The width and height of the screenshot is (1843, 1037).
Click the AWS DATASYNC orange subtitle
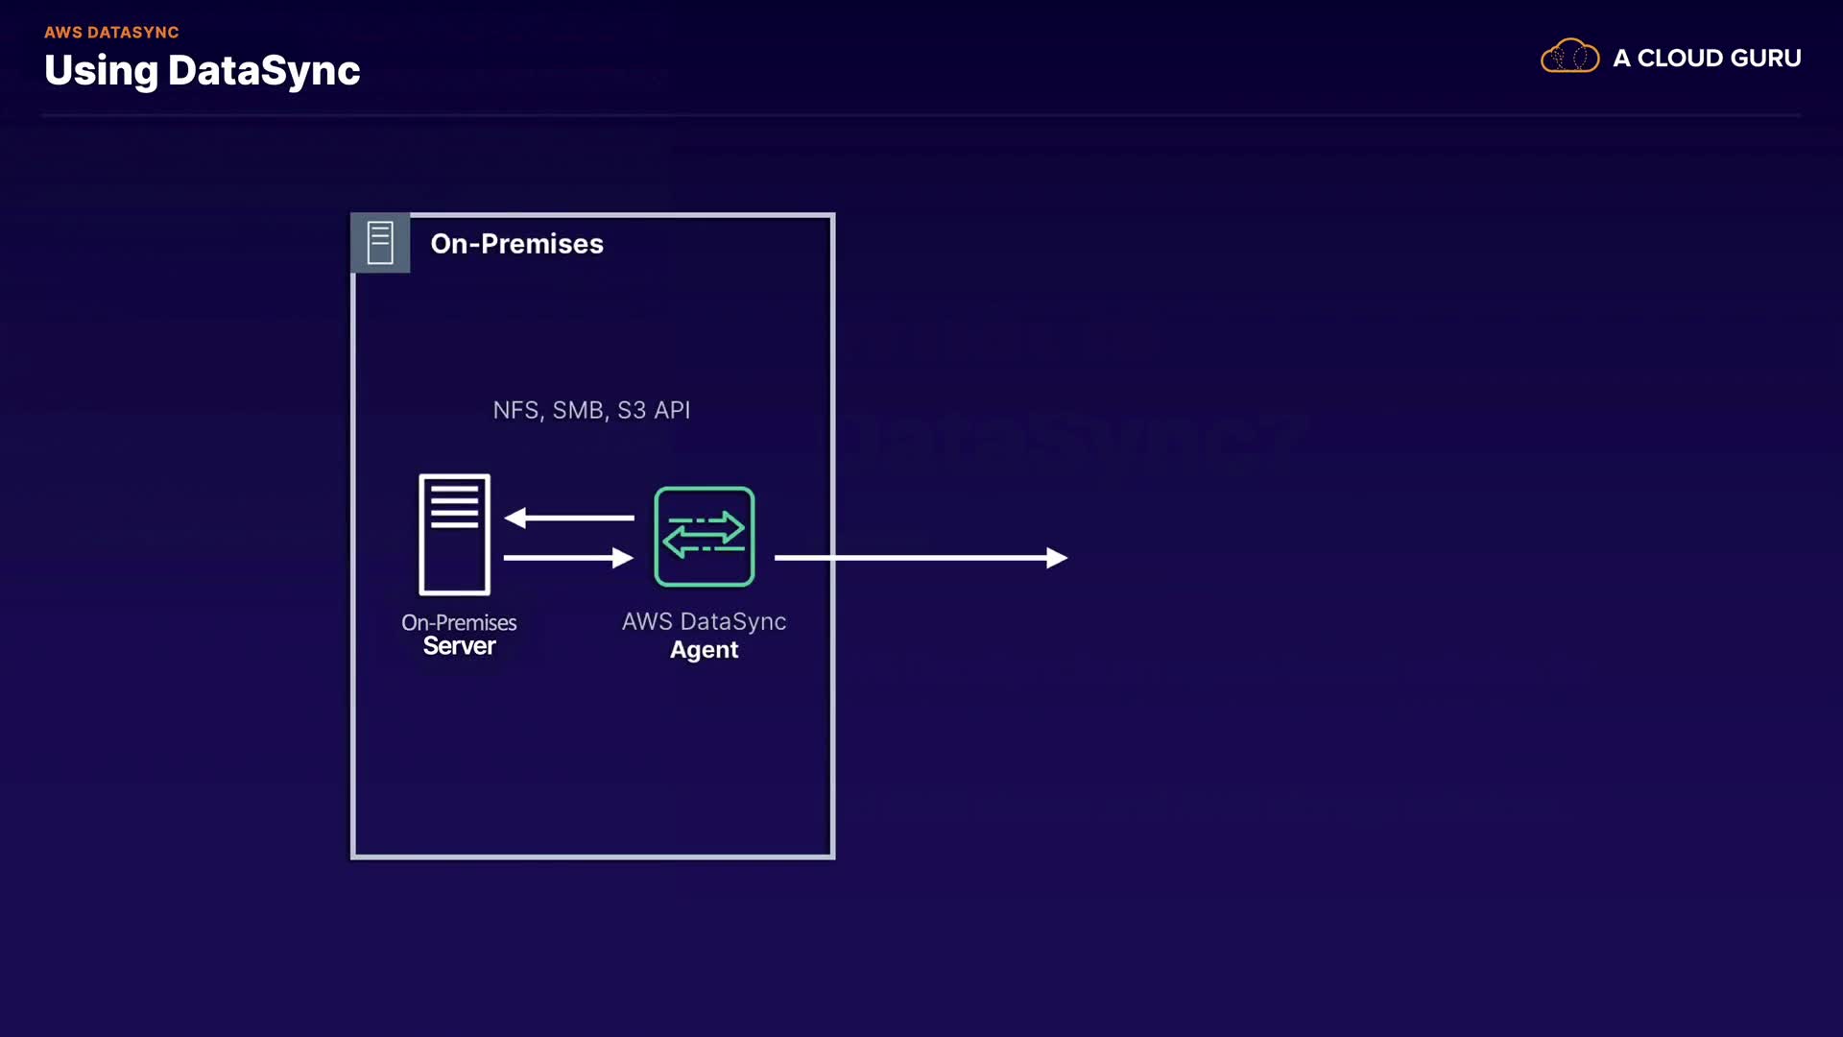click(x=111, y=33)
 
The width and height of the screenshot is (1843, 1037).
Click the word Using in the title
click(x=101, y=71)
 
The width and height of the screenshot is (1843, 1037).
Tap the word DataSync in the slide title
click(x=264, y=71)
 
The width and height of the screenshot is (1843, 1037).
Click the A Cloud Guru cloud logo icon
click(x=1569, y=58)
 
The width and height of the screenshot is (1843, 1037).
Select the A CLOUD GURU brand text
click(x=1707, y=59)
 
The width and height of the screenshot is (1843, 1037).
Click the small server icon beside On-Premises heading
click(x=380, y=243)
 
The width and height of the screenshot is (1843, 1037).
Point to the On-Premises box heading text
click(x=516, y=244)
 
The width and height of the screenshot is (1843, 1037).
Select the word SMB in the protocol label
click(x=579, y=410)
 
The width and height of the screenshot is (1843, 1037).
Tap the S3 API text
click(x=654, y=410)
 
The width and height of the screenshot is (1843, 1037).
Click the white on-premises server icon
click(x=454, y=534)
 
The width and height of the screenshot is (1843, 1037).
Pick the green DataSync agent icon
click(x=704, y=536)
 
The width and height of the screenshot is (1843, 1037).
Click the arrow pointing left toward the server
click(x=569, y=518)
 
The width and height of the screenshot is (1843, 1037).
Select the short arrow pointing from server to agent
click(x=567, y=557)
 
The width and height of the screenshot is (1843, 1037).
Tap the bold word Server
click(x=459, y=646)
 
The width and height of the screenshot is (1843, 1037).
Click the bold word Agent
click(x=704, y=650)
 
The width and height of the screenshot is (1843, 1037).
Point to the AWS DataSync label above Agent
click(x=704, y=621)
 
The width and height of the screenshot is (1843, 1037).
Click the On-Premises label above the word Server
click(x=459, y=622)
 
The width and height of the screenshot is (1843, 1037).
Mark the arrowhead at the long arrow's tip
click(x=1057, y=557)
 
